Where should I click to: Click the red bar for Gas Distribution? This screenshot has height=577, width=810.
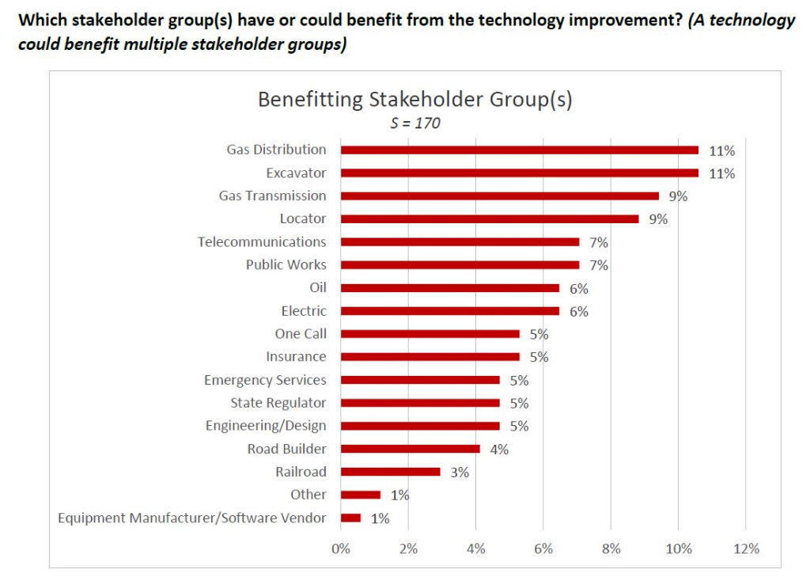[519, 150]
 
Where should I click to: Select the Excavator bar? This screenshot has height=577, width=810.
[519, 173]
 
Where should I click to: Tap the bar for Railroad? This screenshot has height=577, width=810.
[390, 472]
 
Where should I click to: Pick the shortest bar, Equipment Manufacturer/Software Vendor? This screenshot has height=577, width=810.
[350, 518]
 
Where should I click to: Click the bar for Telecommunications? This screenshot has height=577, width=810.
[460, 241]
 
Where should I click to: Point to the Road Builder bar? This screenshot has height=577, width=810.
[410, 449]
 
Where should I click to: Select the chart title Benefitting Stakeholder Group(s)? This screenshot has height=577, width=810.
[414, 100]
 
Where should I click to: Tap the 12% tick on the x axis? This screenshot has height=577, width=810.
[746, 549]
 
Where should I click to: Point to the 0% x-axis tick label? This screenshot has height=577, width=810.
[340, 549]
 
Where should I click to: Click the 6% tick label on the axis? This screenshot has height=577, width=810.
[543, 549]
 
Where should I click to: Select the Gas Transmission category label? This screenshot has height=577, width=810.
[272, 195]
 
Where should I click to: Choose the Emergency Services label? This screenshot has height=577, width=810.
[265, 380]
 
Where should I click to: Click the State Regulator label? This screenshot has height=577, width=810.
[278, 403]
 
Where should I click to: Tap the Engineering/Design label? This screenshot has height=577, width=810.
[266, 426]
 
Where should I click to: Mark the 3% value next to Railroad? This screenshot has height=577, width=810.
[460, 473]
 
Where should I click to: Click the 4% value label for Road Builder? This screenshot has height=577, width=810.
[499, 450]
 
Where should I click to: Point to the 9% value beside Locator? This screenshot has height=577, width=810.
[658, 219]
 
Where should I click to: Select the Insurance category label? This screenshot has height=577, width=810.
[296, 357]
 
